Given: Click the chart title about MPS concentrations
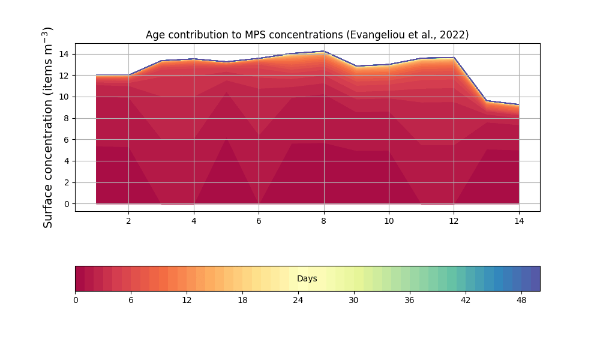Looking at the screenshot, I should [x=307, y=35].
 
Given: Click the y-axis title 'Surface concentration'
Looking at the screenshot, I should [x=49, y=127].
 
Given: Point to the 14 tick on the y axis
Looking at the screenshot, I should [x=63, y=54].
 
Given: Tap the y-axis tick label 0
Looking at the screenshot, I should [x=66, y=204].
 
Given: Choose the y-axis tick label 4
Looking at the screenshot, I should [x=66, y=161].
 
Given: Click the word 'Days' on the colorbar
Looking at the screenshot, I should [x=307, y=279].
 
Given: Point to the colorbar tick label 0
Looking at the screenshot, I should [x=76, y=301].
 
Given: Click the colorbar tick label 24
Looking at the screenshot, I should [x=298, y=301].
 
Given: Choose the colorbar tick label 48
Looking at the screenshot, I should [x=521, y=301].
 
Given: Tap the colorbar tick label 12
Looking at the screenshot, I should [x=187, y=301].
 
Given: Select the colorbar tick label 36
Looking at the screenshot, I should [x=409, y=301].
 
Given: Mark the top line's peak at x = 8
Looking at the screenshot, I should [x=324, y=51].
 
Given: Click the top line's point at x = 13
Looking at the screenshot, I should [x=487, y=100].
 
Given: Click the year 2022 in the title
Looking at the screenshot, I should [x=452, y=35].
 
